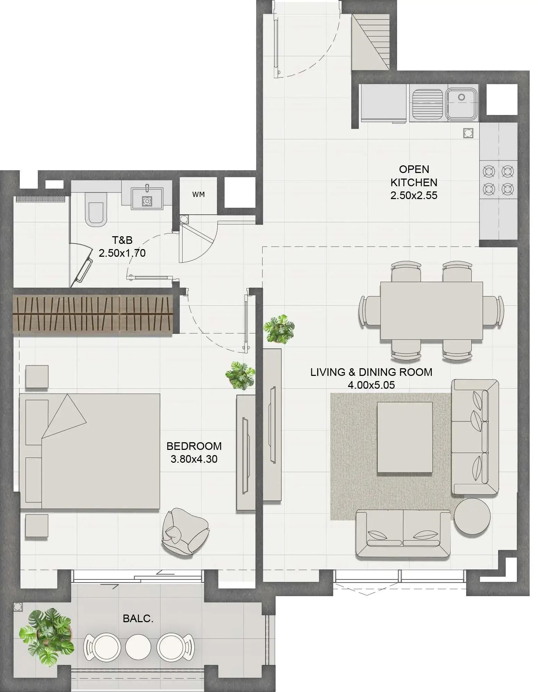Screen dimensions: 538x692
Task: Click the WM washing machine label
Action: [x=199, y=195]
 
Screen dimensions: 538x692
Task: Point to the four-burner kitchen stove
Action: [x=498, y=180]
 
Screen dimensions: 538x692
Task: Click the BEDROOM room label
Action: [x=194, y=446]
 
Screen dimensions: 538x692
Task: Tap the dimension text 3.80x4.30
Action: [x=194, y=459]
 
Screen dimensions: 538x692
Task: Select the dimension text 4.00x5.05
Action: [x=371, y=385]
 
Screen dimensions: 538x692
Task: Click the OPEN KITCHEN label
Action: [x=414, y=176]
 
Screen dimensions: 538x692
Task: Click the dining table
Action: [x=431, y=311]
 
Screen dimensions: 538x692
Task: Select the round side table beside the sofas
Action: [x=472, y=516]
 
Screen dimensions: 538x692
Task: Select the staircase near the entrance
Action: [x=371, y=42]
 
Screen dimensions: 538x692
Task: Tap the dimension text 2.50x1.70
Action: [x=122, y=253]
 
